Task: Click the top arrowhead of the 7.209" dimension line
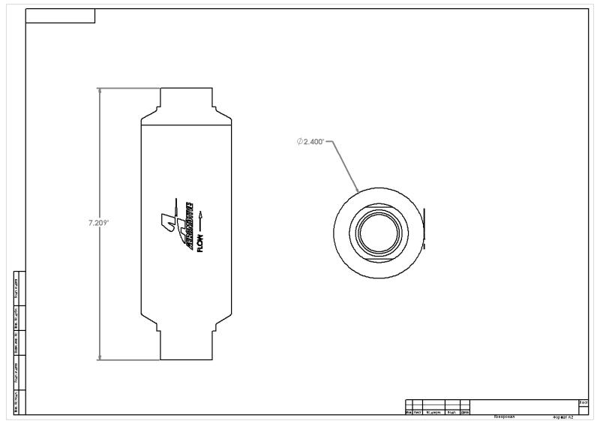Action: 100,90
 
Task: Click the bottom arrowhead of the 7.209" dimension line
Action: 100,357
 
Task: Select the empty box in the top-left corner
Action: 60,16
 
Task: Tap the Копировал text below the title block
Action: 503,415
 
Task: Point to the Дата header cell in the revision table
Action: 465,411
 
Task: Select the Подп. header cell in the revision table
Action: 452,411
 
